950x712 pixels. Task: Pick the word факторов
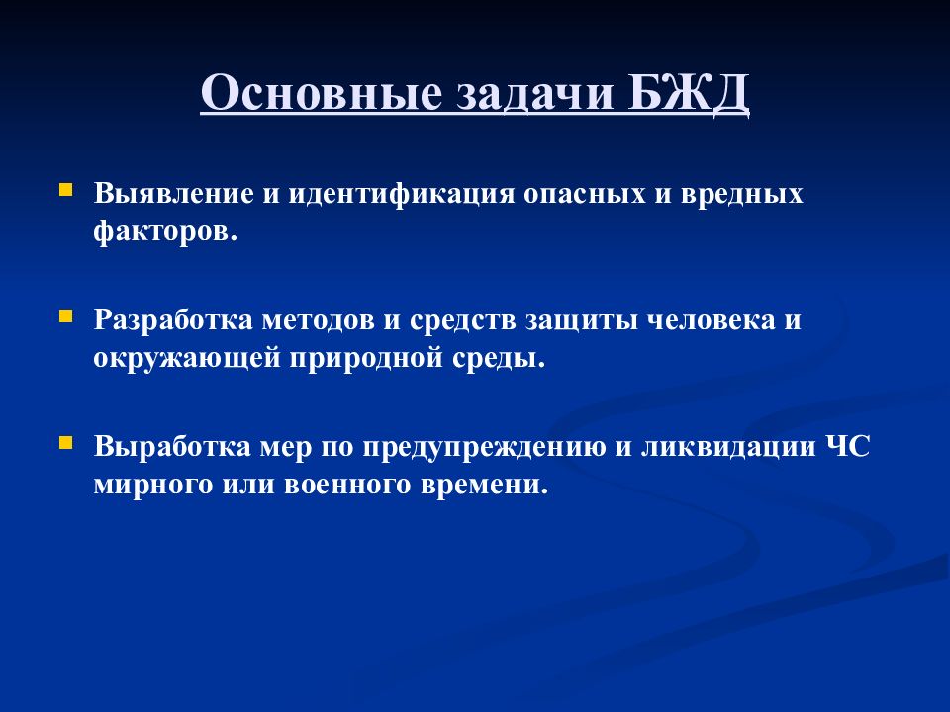point(166,230)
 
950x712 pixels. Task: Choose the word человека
point(712,320)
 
